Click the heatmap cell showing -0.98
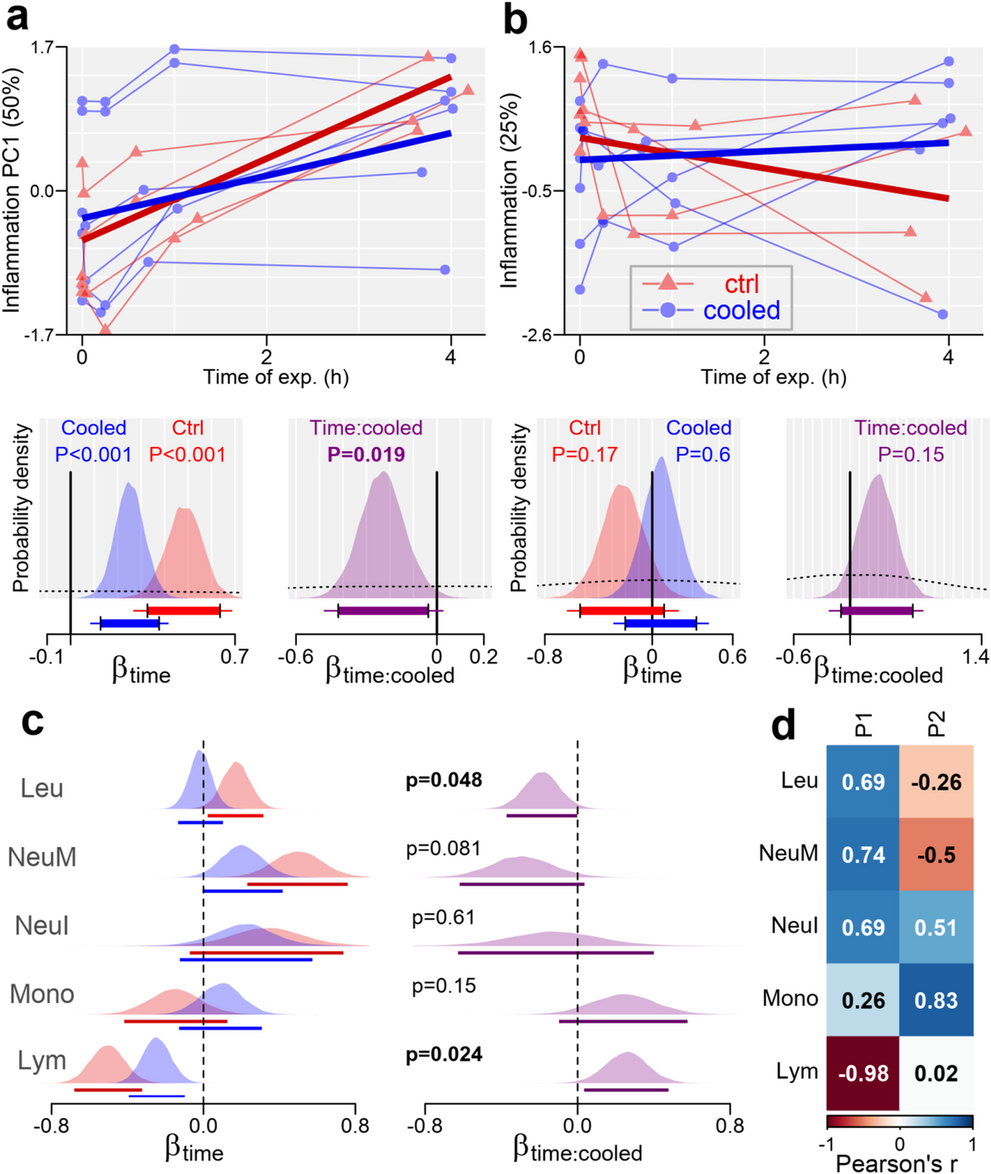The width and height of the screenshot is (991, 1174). (863, 1073)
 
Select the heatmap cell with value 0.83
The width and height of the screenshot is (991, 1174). (936, 1000)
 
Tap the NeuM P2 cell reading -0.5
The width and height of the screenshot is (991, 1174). (936, 855)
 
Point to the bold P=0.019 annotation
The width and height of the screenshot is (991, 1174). (366, 455)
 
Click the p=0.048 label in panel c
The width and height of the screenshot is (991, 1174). (444, 780)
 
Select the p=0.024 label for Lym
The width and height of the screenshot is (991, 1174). (444, 1054)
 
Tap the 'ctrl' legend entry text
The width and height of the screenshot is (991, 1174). (741, 283)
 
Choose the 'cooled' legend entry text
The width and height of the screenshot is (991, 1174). (741, 310)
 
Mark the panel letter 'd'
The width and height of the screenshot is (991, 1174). (782, 726)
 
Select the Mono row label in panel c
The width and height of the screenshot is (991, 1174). (42, 994)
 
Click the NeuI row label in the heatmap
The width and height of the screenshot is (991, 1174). (794, 927)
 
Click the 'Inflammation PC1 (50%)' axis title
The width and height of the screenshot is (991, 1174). (12, 190)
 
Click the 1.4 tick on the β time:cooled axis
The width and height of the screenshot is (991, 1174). (975, 657)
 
